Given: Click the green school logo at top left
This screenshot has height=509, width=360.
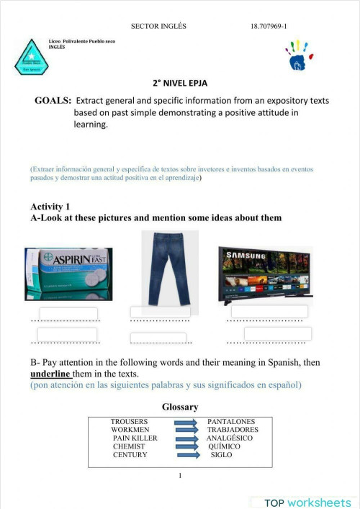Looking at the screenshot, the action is pyautogui.click(x=30, y=58).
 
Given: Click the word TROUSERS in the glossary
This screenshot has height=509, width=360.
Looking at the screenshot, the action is pyautogui.click(x=130, y=421).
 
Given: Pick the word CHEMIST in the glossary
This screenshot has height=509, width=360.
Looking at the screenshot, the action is pyautogui.click(x=129, y=446).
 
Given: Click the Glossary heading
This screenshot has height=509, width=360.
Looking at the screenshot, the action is pyautogui.click(x=180, y=407).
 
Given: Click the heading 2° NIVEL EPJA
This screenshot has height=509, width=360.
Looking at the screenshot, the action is pyautogui.click(x=180, y=83).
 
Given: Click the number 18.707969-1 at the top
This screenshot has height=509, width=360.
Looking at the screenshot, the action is pyautogui.click(x=269, y=26).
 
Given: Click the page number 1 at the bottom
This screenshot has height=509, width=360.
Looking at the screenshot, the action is pyautogui.click(x=180, y=475).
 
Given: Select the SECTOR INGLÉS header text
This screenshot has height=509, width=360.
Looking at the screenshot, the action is pyautogui.click(x=158, y=26).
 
